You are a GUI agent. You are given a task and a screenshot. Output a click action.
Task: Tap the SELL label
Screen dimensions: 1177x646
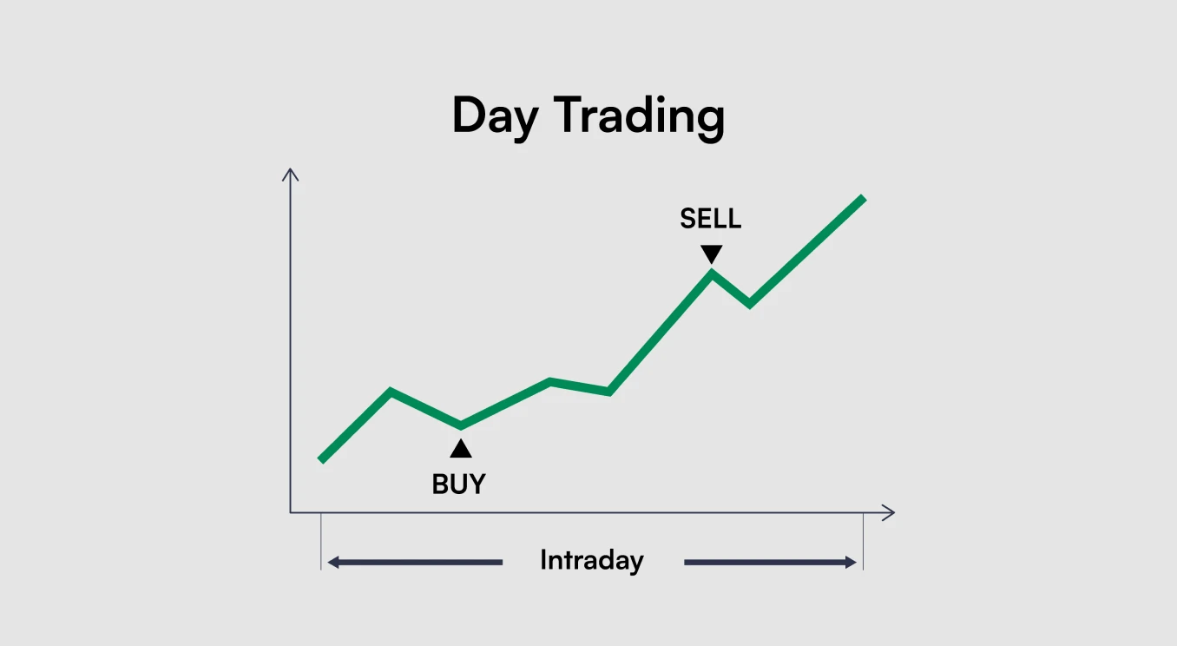(x=710, y=218)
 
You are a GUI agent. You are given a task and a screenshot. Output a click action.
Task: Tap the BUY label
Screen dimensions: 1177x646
(x=458, y=484)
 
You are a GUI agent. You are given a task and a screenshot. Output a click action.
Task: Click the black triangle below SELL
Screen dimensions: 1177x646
(x=712, y=254)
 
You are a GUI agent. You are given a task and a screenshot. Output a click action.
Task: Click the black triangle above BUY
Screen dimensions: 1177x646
(x=461, y=448)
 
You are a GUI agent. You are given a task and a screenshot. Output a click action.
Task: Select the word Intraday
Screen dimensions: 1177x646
(x=592, y=560)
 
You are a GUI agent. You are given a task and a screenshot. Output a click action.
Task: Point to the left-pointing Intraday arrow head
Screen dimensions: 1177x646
(x=333, y=563)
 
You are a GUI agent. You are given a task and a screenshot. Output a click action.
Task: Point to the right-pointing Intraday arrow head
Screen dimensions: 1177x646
(x=851, y=563)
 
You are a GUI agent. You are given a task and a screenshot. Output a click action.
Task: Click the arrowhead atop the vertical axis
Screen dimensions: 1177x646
(x=290, y=174)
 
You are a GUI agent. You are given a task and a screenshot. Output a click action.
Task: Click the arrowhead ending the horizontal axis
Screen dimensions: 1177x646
(x=889, y=512)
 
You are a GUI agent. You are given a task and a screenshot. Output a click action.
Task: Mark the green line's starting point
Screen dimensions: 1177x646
(x=321, y=460)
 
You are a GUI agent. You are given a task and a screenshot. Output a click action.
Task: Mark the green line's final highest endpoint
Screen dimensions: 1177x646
(x=864, y=198)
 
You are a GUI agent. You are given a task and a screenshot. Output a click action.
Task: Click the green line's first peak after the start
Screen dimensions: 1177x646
(x=391, y=391)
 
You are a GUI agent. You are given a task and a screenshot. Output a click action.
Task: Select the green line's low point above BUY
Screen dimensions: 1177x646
(x=461, y=425)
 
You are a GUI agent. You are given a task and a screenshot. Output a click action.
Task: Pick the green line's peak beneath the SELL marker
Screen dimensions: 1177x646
(x=712, y=274)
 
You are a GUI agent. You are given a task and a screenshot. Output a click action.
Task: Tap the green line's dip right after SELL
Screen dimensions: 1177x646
(x=749, y=305)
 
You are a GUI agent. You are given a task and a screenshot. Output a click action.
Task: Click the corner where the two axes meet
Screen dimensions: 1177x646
(x=290, y=512)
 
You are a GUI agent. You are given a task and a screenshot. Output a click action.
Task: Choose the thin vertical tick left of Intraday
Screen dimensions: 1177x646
(x=321, y=542)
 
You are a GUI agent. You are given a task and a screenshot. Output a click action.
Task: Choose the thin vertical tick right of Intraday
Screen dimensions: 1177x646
(x=864, y=542)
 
